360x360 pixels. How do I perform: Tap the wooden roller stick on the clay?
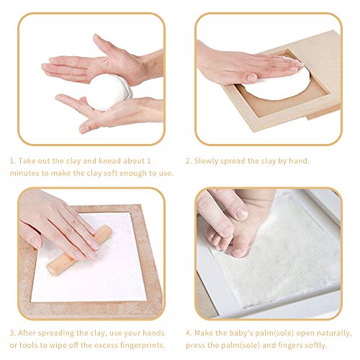[x=79, y=250]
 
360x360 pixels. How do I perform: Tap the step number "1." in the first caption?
[x=13, y=161]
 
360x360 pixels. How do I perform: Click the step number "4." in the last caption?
[x=189, y=333]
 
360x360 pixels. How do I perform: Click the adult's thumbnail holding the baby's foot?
[x=240, y=214]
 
